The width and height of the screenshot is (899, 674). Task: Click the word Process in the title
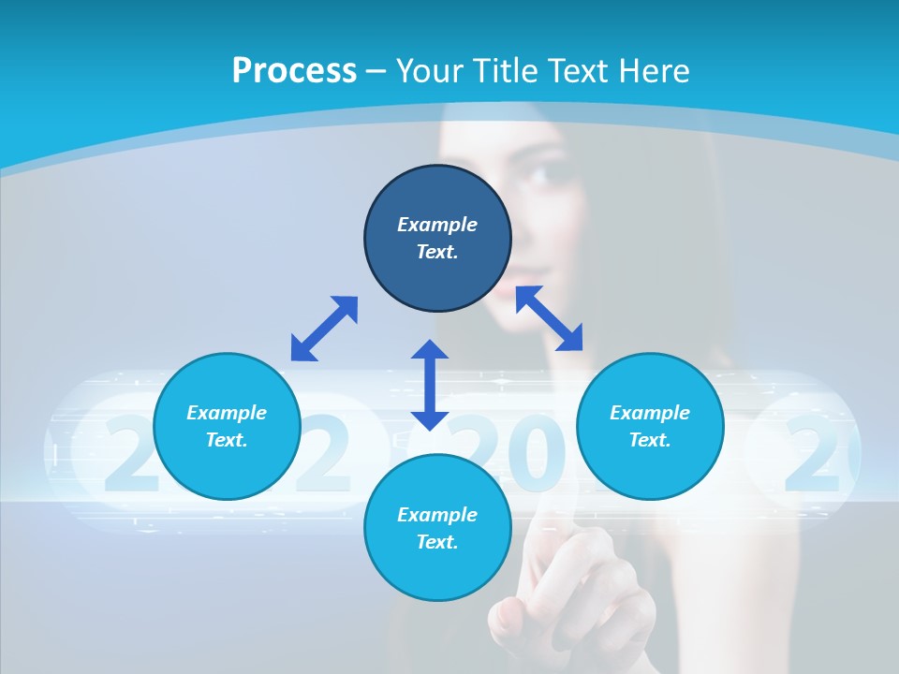(x=294, y=71)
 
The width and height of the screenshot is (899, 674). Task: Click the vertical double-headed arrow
(x=430, y=385)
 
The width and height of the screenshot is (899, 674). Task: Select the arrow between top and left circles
(x=324, y=329)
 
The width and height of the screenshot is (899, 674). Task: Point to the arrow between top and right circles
(x=549, y=318)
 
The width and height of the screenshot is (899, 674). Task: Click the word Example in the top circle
(x=437, y=225)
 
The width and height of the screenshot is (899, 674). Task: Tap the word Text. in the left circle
(x=227, y=440)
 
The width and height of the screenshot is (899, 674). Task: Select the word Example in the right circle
(x=650, y=413)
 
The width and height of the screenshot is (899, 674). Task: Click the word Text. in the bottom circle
(x=437, y=542)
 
